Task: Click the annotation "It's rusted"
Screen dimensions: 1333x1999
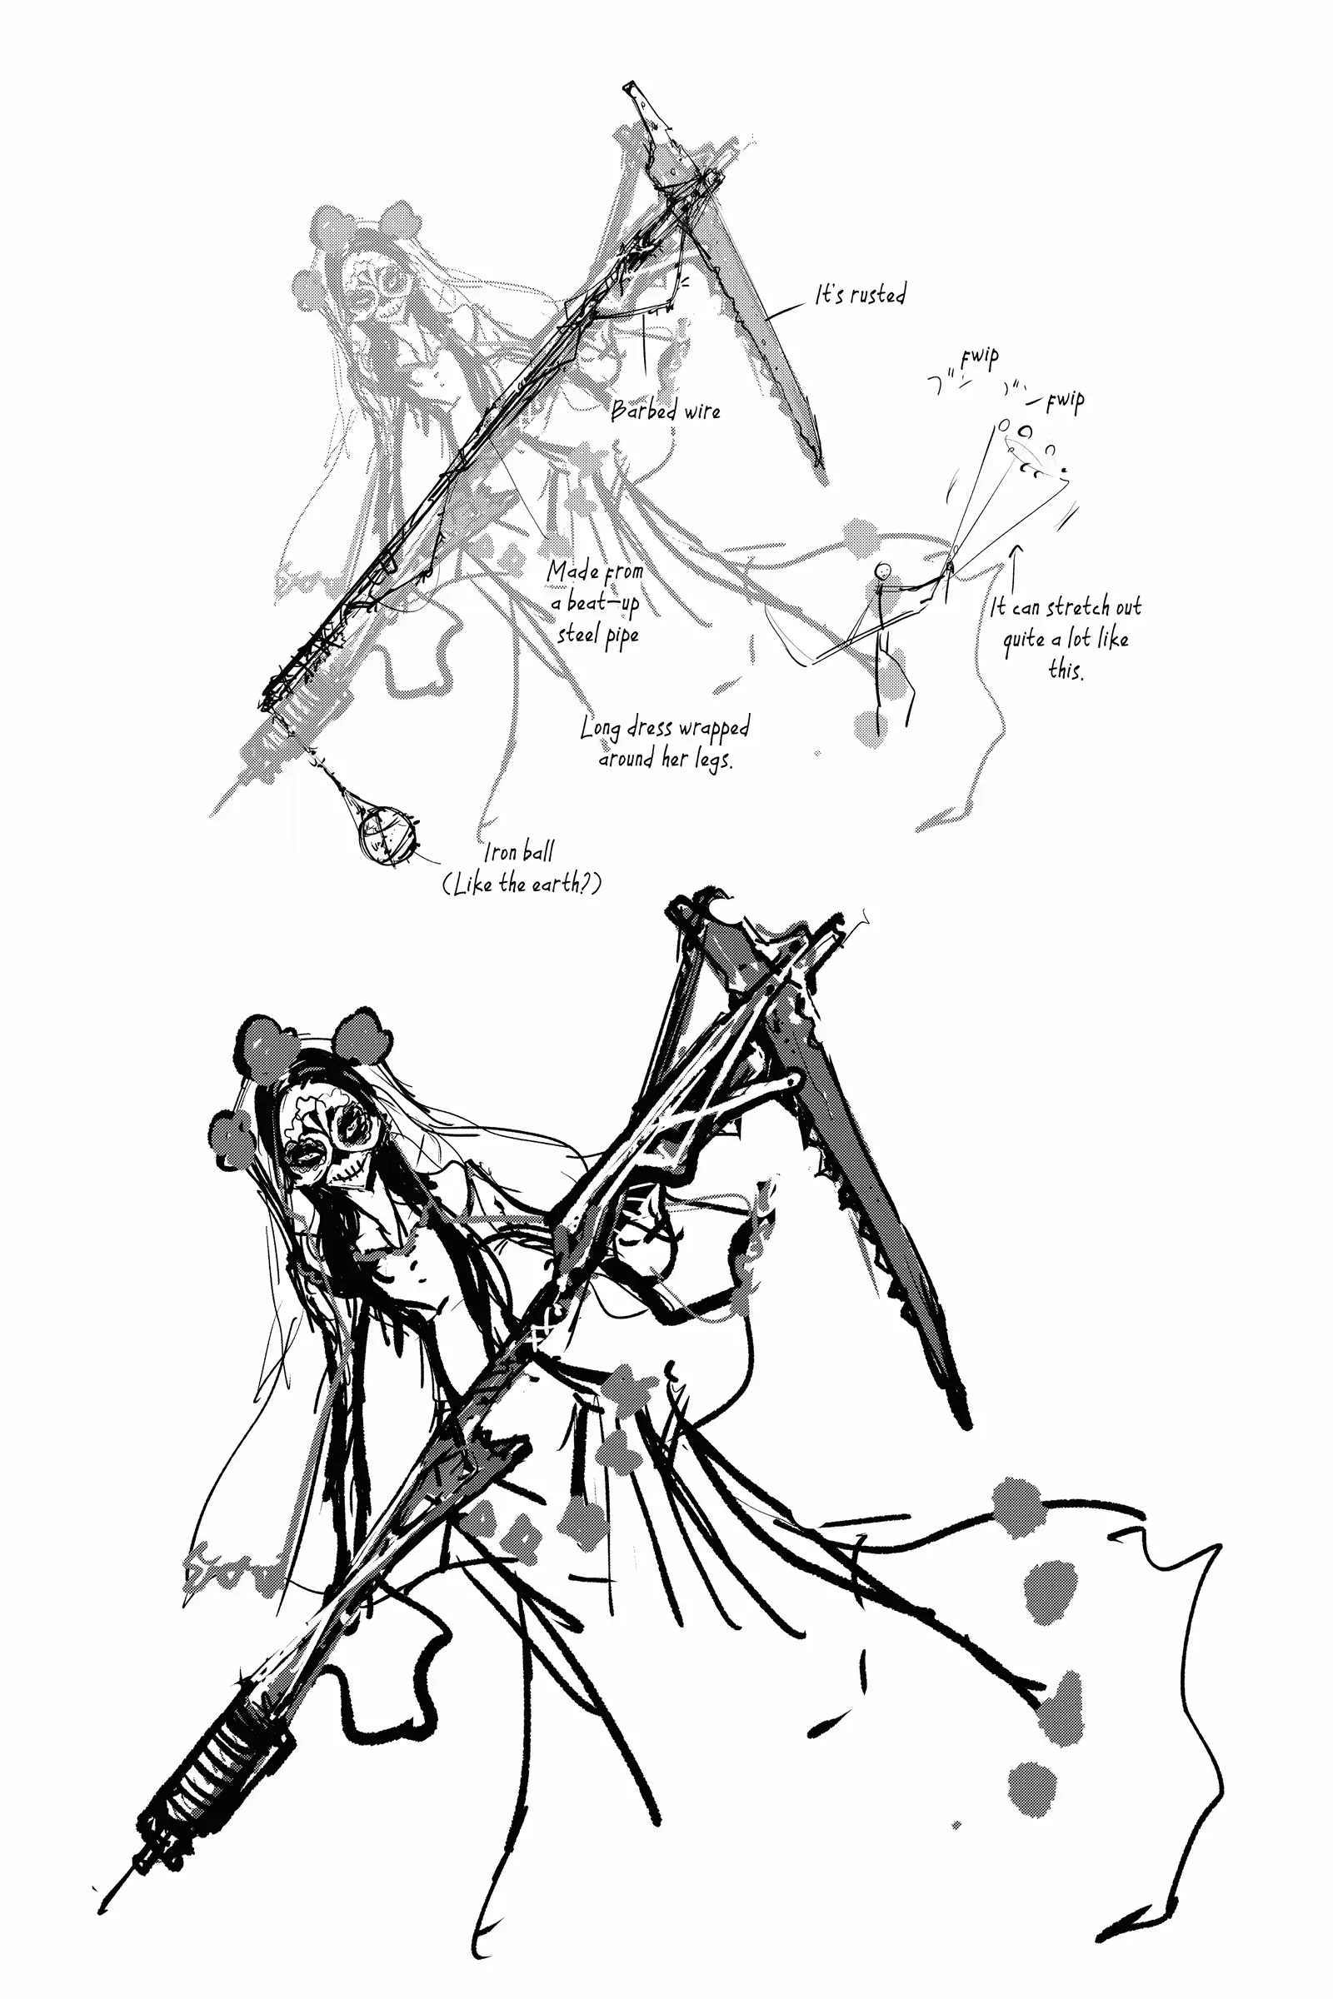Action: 861,295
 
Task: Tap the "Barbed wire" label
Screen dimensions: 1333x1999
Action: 666,411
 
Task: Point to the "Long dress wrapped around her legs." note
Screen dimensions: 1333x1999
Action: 665,744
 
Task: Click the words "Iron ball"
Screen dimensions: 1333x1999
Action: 518,851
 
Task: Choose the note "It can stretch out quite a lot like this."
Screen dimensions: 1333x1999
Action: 1066,637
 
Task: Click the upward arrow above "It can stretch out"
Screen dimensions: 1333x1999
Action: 1014,570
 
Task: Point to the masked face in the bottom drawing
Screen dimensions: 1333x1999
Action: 327,1137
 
